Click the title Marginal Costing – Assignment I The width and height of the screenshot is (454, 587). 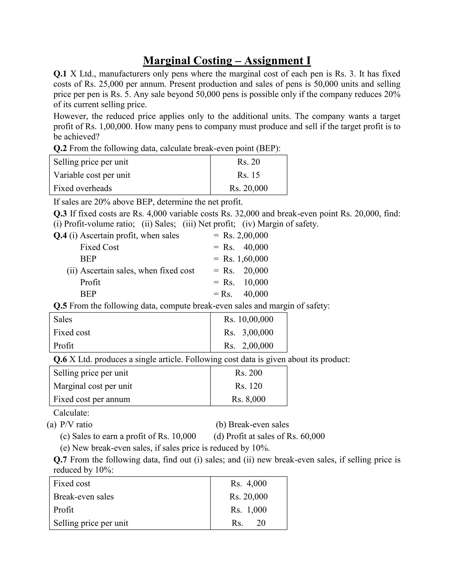tap(227, 60)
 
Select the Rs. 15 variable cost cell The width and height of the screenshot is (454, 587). tap(248, 175)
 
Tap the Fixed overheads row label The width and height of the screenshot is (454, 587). tap(82, 188)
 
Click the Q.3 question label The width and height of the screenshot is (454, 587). tap(60, 214)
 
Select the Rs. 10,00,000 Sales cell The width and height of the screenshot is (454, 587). tap(248, 319)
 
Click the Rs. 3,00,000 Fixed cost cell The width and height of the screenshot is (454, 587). tap(248, 332)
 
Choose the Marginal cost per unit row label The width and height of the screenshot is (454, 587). tap(93, 386)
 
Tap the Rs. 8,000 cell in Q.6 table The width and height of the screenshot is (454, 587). tap(248, 399)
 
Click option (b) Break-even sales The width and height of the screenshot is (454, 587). tap(252, 424)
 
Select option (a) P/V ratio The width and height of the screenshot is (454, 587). tap(70, 424)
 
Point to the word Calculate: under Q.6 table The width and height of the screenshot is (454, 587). tap(71, 413)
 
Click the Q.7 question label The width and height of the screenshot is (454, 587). tap(60, 460)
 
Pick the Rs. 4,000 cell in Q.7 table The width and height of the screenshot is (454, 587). tap(248, 483)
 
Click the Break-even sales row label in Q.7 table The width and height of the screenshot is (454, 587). tap(83, 496)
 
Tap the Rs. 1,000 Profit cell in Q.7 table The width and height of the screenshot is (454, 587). tap(248, 510)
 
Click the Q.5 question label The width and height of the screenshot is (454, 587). tap(60, 306)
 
